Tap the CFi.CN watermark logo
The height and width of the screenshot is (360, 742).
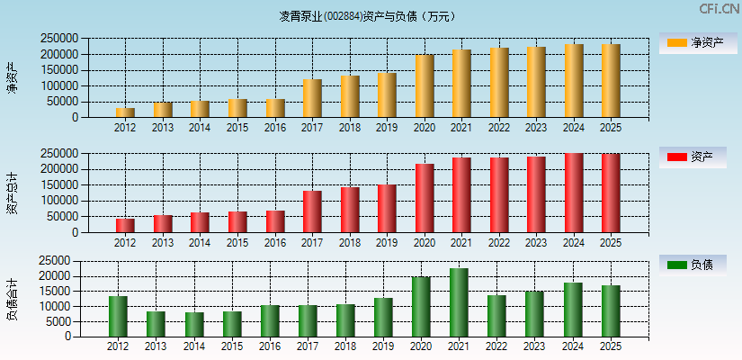tap(719, 9)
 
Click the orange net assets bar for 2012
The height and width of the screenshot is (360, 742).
tap(125, 112)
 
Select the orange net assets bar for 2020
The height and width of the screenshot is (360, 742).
tap(425, 86)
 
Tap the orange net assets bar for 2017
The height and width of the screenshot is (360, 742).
tap(312, 98)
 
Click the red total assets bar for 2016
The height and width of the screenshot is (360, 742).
tap(275, 221)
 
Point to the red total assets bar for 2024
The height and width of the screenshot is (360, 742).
tap(574, 193)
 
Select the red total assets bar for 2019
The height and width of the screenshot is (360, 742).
tap(387, 209)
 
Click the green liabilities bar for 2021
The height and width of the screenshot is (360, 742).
tap(459, 302)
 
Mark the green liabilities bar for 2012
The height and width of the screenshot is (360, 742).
tap(118, 317)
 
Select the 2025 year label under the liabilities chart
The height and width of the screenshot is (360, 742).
tap(611, 346)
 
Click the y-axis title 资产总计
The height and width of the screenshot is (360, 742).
tap(12, 193)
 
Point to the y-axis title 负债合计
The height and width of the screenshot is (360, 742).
tap(12, 300)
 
